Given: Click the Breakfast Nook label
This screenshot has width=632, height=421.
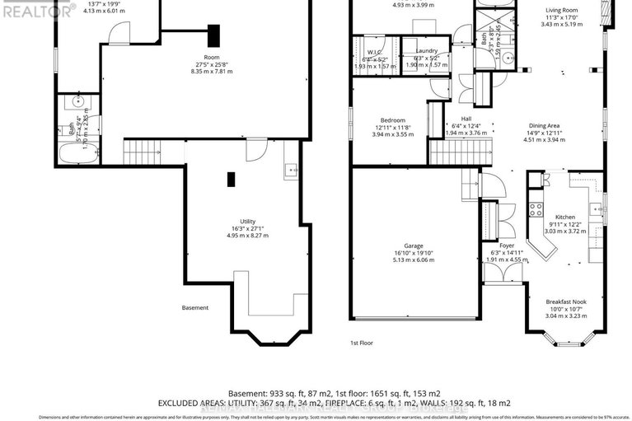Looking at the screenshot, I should click(x=566, y=302).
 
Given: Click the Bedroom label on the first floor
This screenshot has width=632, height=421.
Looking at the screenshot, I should click(x=392, y=120).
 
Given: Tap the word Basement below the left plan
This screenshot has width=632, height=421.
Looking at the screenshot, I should click(x=195, y=308).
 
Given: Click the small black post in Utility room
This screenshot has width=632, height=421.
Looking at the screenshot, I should click(x=231, y=178).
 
